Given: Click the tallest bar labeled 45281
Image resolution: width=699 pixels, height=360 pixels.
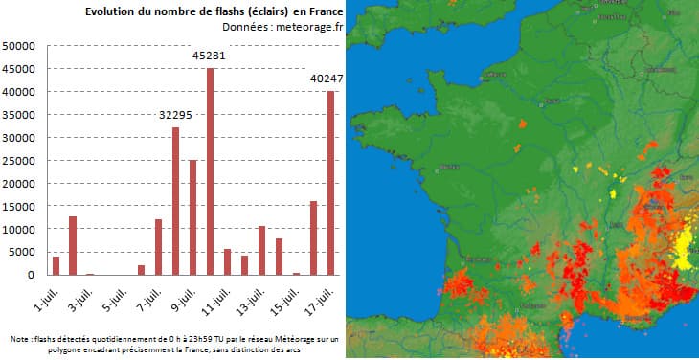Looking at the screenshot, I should point(210,171).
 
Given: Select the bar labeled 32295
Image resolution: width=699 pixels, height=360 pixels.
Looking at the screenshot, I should point(175,201).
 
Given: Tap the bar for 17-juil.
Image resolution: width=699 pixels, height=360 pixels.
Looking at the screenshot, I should point(331,183).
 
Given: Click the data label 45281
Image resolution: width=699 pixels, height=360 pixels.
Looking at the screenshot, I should point(210,56).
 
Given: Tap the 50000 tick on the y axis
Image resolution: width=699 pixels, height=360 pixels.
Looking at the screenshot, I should point(19,46).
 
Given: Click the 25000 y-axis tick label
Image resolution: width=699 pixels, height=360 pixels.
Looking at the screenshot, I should point(19,161).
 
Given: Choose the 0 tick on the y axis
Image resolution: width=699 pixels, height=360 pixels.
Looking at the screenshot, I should point(32,275).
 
